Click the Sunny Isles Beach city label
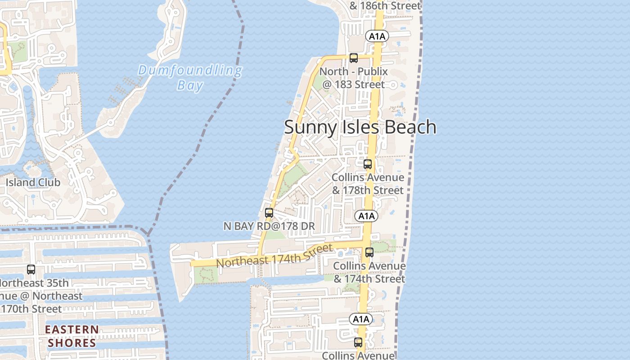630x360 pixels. tap(360, 127)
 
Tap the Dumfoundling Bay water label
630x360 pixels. tap(190, 78)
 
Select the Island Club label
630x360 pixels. tap(33, 183)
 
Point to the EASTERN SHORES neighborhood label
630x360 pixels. tap(72, 336)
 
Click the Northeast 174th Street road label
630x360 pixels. tap(274, 256)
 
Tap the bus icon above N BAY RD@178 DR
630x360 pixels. tap(269, 213)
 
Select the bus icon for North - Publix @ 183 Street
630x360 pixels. tap(354, 58)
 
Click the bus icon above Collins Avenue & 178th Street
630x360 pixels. tap(368, 164)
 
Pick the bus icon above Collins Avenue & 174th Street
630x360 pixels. tap(369, 252)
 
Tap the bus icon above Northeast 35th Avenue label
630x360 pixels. tap(31, 270)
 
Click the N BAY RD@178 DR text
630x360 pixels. tap(269, 226)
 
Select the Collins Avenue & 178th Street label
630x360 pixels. tap(368, 184)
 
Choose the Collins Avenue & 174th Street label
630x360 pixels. tap(369, 272)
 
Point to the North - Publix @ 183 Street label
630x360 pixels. tap(353, 78)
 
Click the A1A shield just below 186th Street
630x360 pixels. tap(377, 36)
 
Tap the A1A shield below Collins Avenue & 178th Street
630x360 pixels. tap(366, 216)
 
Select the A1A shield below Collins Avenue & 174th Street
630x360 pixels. tap(361, 319)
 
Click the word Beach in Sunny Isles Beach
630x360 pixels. tap(410, 127)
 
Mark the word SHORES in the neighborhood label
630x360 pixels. tap(72, 343)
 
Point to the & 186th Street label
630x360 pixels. tap(385, 6)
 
